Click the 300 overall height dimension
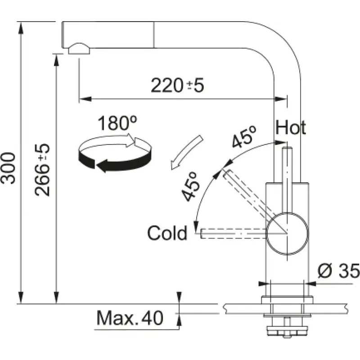(8, 168)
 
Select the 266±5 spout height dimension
(42, 170)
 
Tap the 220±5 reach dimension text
(177, 85)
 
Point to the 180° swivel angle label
(117, 123)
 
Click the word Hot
(291, 127)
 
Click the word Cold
(167, 233)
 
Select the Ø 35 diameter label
(339, 271)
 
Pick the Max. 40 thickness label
(130, 318)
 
